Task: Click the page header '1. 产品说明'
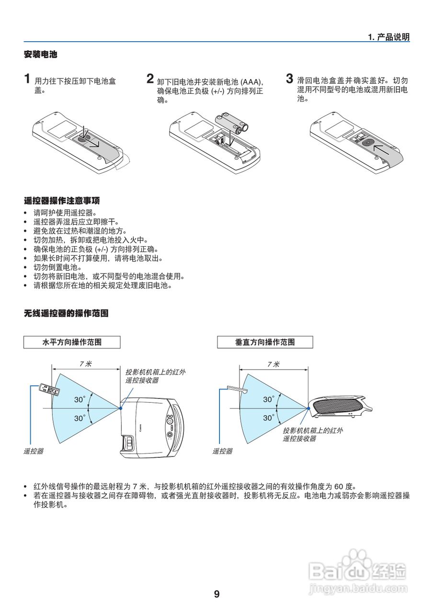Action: [388, 37]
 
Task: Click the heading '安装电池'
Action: [40, 55]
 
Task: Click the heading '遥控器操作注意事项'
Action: [62, 200]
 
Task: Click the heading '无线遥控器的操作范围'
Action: [66, 314]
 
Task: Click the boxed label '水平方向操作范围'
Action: [72, 342]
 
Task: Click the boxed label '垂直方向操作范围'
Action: [265, 342]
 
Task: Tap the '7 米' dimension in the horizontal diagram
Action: [85, 364]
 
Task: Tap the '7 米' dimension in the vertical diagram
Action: [273, 364]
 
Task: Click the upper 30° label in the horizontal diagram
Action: [80, 399]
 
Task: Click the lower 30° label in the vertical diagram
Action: [268, 418]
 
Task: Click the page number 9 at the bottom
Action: [217, 594]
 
